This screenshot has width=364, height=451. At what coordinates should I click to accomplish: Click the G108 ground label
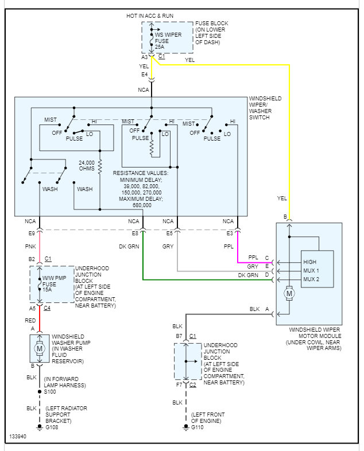(x=52, y=428)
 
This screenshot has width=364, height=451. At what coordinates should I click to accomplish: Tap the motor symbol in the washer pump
(x=40, y=348)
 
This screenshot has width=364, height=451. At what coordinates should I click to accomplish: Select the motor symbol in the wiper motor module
(x=289, y=293)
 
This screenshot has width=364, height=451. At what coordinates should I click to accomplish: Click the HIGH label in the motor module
(x=309, y=262)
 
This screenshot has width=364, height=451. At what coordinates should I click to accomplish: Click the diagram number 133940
(x=18, y=437)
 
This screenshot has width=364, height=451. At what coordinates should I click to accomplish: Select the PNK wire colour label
(x=30, y=246)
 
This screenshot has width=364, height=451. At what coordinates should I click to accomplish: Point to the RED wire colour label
(x=30, y=320)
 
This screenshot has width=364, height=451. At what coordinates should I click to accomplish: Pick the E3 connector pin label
(x=229, y=234)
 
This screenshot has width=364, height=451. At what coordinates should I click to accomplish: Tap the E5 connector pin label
(x=169, y=234)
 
